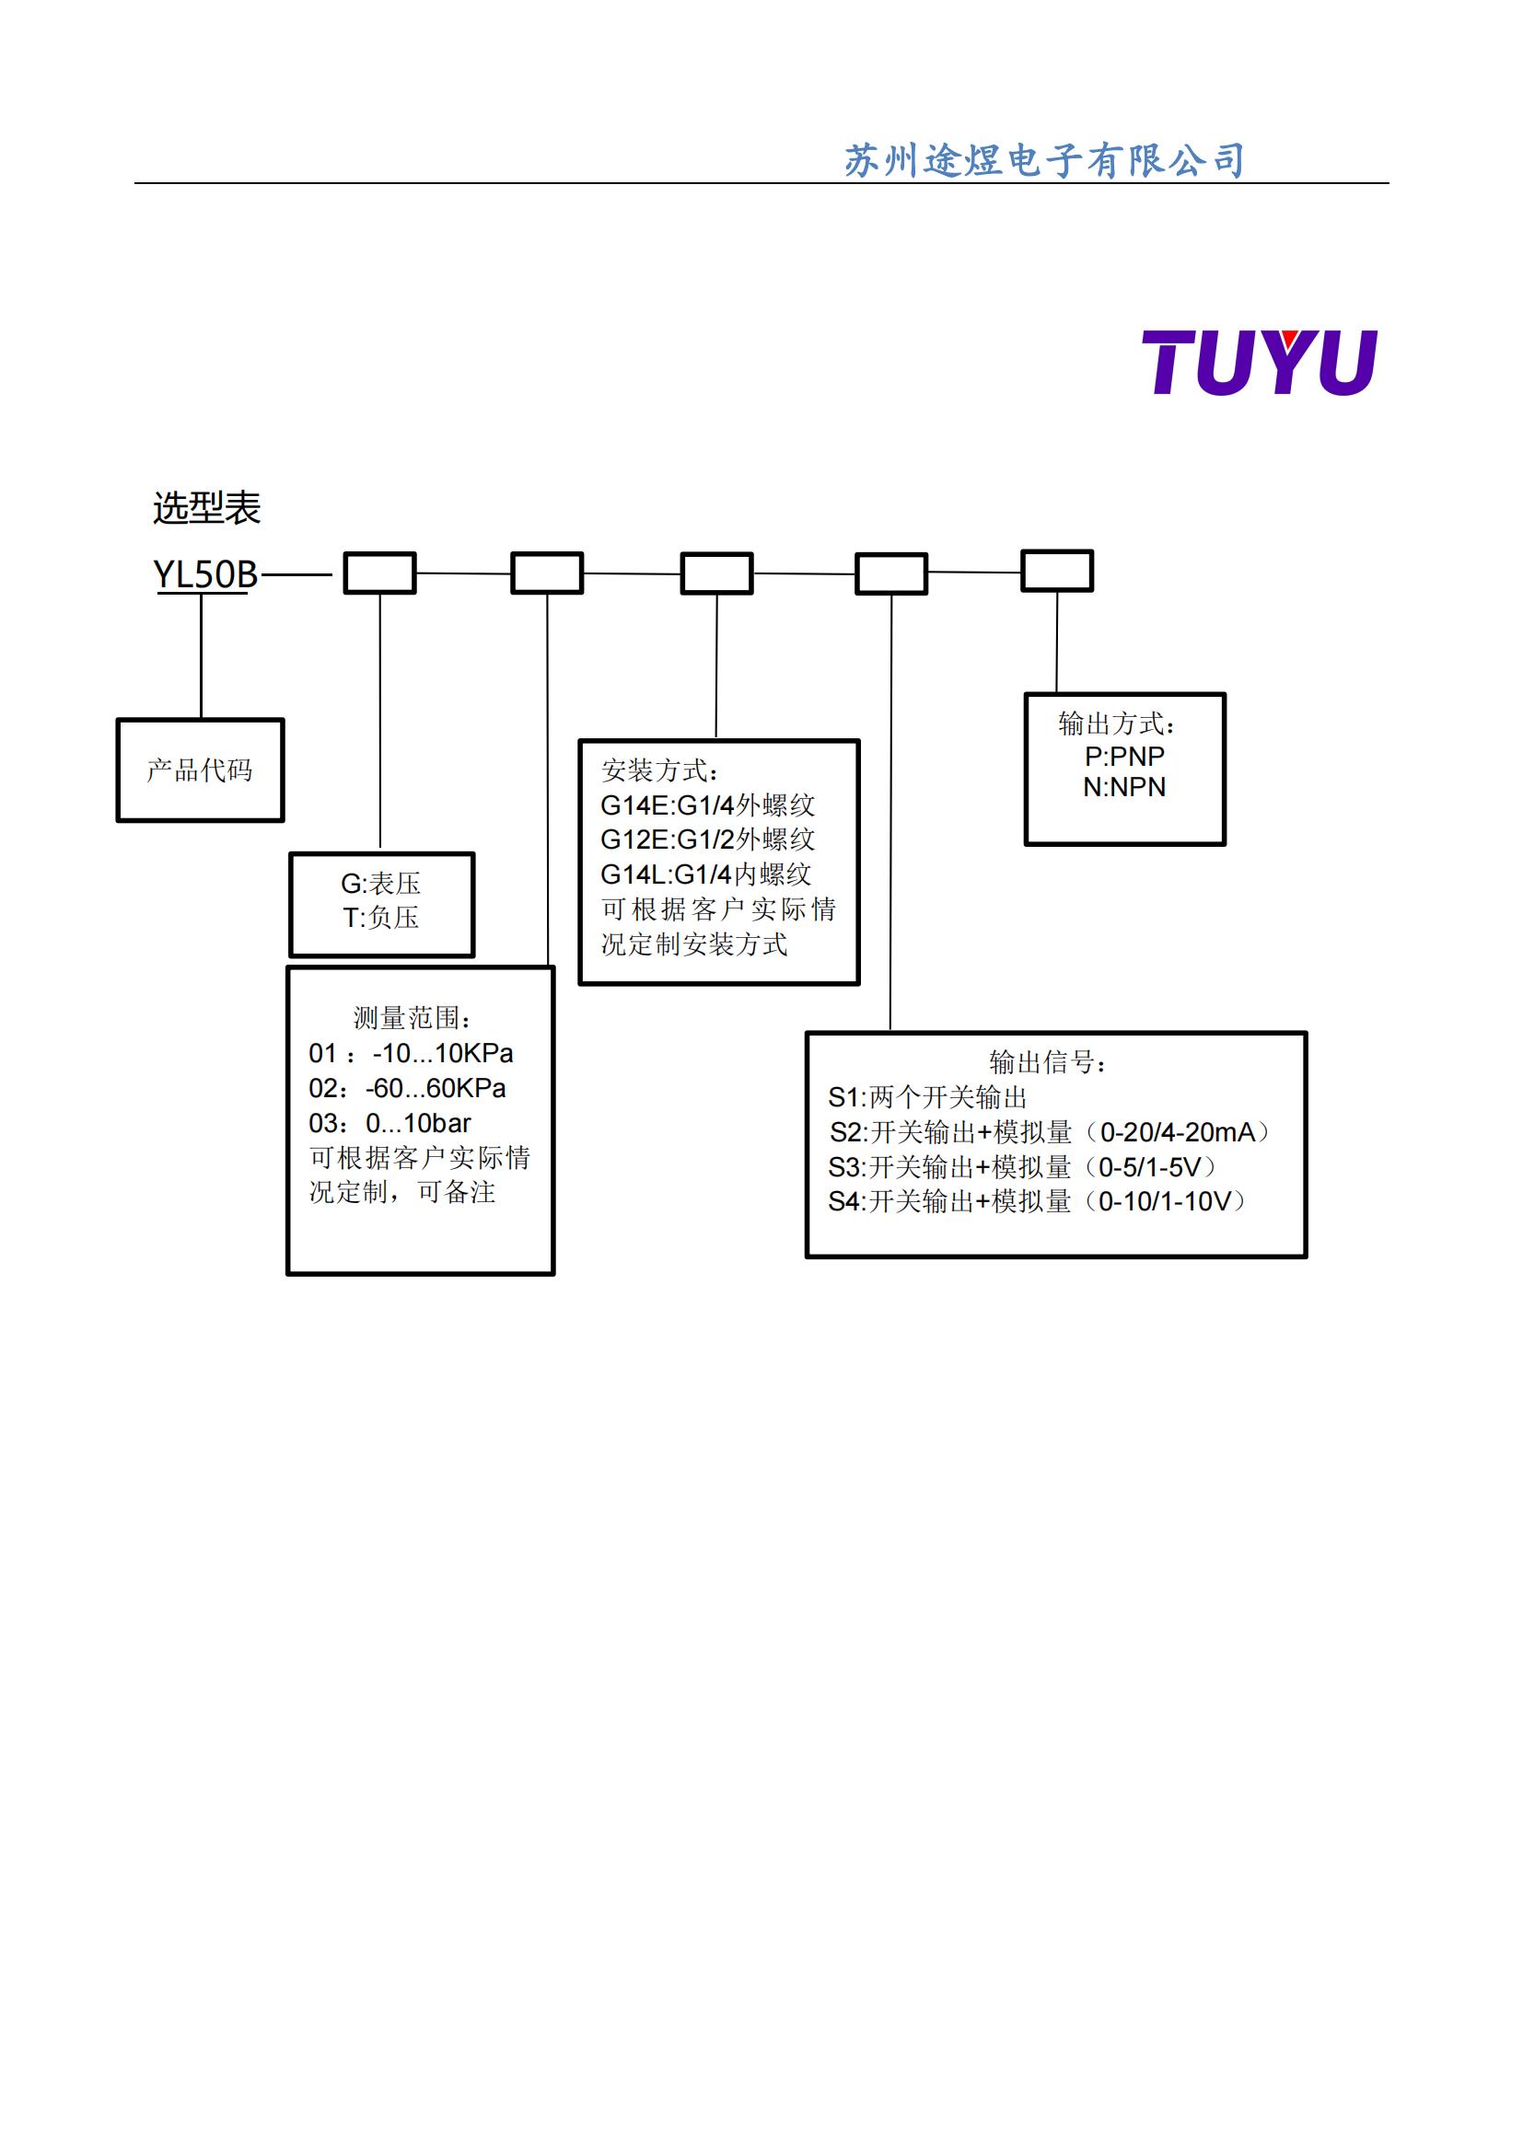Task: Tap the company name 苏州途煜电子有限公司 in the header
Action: (1044, 160)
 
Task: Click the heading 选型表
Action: (206, 508)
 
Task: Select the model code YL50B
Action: (205, 573)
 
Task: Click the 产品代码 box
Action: (200, 770)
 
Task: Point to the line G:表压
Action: (381, 884)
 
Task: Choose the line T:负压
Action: (381, 917)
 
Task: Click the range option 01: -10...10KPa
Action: (411, 1053)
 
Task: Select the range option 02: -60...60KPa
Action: (407, 1088)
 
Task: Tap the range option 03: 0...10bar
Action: (390, 1122)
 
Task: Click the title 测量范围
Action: (413, 1017)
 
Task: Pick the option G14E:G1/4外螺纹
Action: (707, 804)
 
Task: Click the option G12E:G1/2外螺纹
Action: (707, 839)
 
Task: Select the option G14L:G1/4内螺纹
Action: (705, 874)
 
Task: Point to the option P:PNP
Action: (1124, 756)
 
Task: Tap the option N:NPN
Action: (1124, 787)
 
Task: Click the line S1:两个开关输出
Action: (927, 1097)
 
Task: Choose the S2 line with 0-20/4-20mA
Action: (1050, 1132)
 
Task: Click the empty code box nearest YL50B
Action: (379, 573)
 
